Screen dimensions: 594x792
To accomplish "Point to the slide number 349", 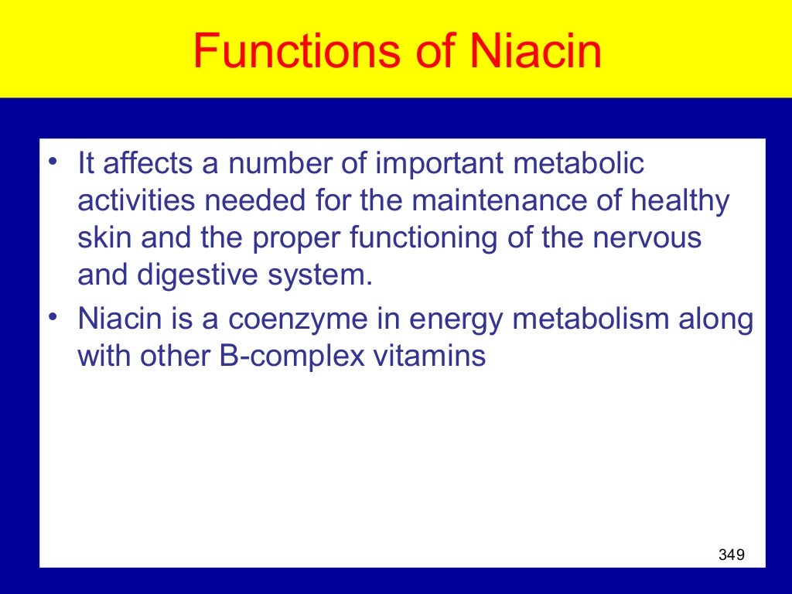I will (731, 554).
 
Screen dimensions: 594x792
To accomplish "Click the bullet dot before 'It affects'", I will (52, 161).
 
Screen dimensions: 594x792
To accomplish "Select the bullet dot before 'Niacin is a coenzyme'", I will (52, 316).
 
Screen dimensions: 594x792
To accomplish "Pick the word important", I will (436, 163).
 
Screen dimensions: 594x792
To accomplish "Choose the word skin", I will (101, 238).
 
